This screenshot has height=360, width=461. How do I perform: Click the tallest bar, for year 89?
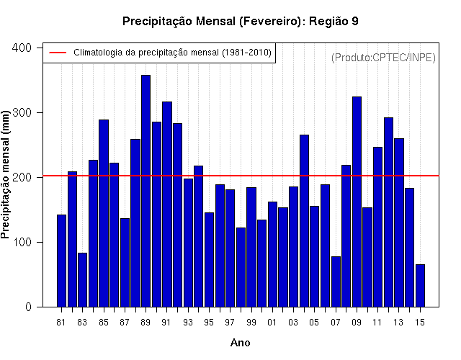click(146, 191)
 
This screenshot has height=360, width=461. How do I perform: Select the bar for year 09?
click(357, 202)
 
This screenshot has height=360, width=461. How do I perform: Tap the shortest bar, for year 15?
click(420, 286)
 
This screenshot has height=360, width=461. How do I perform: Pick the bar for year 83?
click(83, 280)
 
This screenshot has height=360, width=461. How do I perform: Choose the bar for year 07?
click(336, 282)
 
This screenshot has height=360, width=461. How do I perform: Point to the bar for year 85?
click(104, 213)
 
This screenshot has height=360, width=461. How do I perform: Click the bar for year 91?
click(167, 204)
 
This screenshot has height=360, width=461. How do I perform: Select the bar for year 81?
click(61, 261)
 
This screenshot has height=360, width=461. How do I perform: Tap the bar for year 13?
click(399, 222)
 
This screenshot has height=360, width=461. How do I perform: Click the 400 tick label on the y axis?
click(22, 48)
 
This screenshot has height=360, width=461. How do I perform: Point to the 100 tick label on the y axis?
click(22, 242)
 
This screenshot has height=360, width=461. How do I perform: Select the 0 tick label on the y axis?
click(28, 307)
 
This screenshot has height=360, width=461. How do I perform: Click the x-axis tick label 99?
click(251, 323)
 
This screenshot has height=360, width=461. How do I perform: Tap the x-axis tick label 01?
click(272, 323)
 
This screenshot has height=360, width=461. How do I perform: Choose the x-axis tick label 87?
click(125, 323)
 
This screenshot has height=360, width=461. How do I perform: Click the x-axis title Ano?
click(240, 343)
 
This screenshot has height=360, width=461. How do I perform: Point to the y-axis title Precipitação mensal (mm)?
click(5, 175)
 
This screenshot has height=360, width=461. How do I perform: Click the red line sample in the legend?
click(58, 53)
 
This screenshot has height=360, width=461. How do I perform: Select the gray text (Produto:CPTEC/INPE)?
click(383, 58)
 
